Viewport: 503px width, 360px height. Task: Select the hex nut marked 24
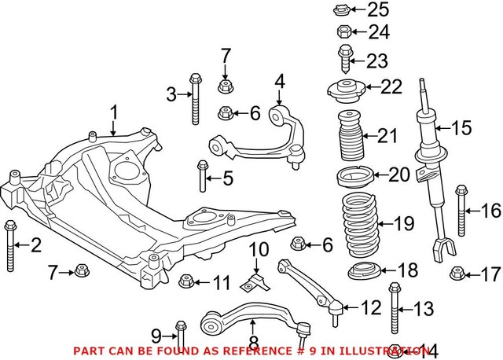click(x=343, y=32)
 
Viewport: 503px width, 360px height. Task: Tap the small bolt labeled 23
click(x=344, y=59)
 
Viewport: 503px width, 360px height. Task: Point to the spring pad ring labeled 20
click(x=352, y=174)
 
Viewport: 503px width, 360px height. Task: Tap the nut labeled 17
click(x=456, y=274)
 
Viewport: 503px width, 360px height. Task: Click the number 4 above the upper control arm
click(x=278, y=81)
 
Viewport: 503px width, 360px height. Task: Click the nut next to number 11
click(x=187, y=281)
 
